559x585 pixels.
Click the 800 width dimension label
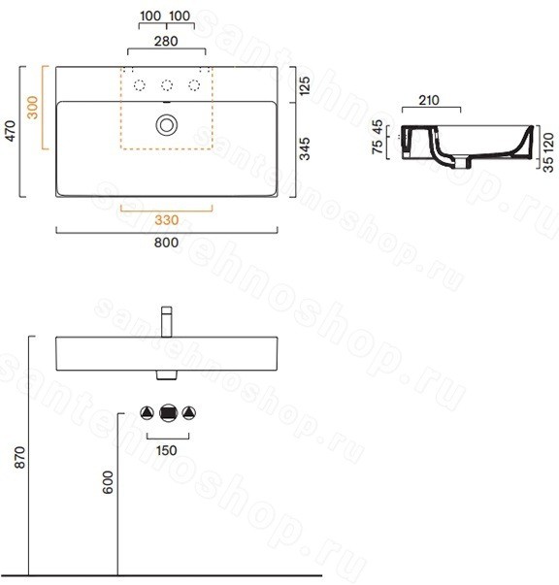(166, 243)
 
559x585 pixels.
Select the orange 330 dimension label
(166, 220)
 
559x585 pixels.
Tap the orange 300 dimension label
(33, 108)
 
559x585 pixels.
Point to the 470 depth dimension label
(12, 131)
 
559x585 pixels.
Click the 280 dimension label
(166, 41)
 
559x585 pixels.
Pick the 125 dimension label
(305, 85)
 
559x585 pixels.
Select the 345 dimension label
(305, 148)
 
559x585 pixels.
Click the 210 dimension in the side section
(429, 100)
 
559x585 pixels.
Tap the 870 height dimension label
(19, 457)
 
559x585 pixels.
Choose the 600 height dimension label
(108, 482)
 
